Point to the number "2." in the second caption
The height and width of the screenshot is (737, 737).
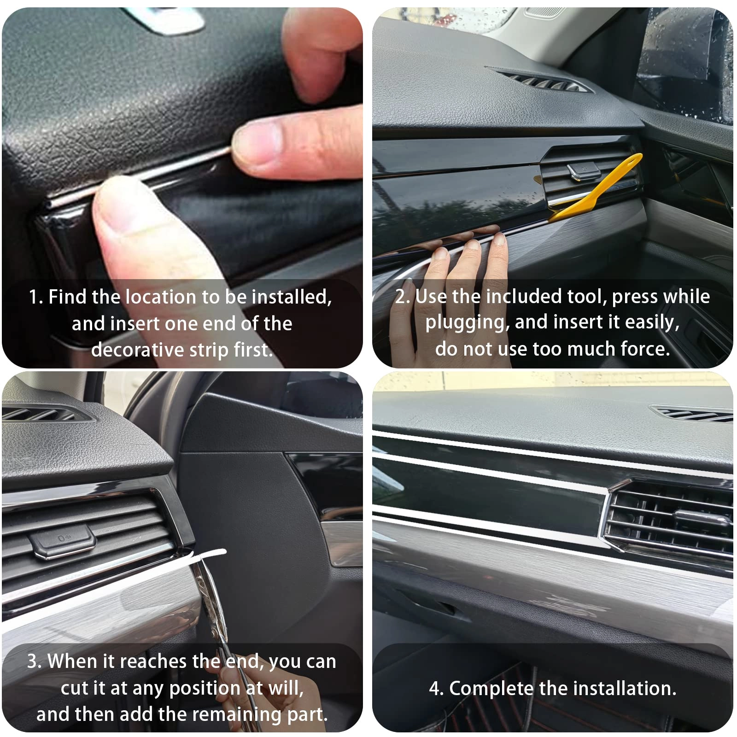pos(402,297)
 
